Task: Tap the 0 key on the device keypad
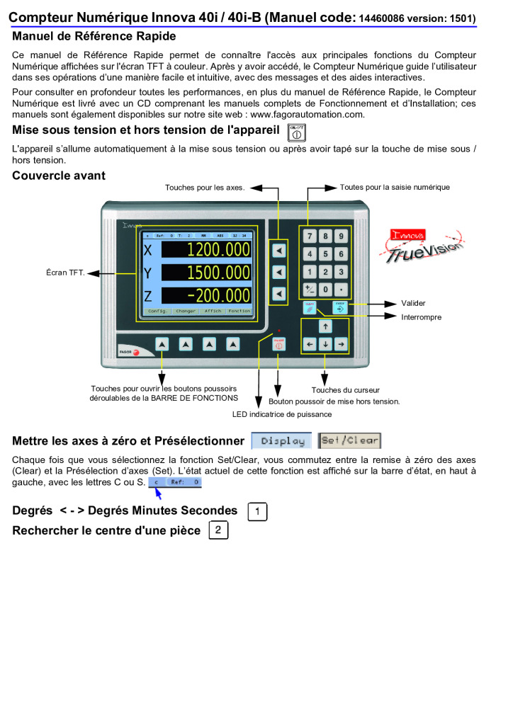pyautogui.click(x=325, y=290)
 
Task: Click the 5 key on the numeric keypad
pyautogui.click(x=325, y=254)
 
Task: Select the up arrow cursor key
pyautogui.click(x=325, y=326)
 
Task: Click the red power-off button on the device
pyautogui.click(x=278, y=345)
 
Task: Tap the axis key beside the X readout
pyautogui.click(x=279, y=251)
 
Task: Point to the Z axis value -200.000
pyautogui.click(x=206, y=295)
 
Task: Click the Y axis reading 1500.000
pyautogui.click(x=206, y=273)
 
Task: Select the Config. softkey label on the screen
pyautogui.click(x=157, y=312)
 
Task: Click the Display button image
pyautogui.click(x=282, y=441)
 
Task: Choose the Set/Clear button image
pyautogui.click(x=349, y=441)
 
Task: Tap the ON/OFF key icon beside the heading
pyautogui.click(x=297, y=132)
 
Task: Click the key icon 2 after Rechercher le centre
pyautogui.click(x=218, y=530)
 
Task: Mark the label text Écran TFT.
pyautogui.click(x=66, y=273)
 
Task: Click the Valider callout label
pyautogui.click(x=413, y=303)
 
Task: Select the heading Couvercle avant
pyautogui.click(x=59, y=176)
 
